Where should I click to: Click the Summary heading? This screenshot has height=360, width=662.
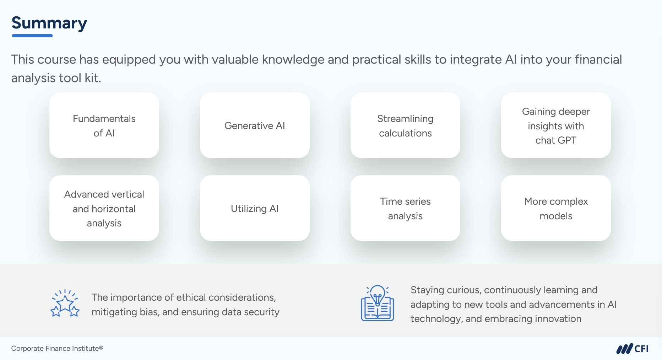(x=49, y=23)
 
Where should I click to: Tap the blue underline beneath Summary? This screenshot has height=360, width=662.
(x=32, y=36)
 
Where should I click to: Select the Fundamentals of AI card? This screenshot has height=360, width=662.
(x=104, y=125)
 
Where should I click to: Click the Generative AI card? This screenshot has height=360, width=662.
(x=255, y=125)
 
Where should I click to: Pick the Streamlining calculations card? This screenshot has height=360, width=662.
(x=405, y=125)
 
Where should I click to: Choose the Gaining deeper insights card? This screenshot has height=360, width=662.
(x=556, y=125)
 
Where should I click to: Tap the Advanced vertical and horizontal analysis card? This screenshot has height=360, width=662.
(x=104, y=208)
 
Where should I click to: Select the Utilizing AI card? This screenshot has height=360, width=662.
(x=255, y=208)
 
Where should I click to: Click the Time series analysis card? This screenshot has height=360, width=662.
(x=405, y=208)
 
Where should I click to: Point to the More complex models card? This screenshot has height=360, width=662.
(x=556, y=208)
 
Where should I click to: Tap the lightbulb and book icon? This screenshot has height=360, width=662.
(x=378, y=303)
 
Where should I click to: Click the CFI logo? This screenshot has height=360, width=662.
(x=633, y=349)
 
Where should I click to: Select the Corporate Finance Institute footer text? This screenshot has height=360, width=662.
(x=57, y=348)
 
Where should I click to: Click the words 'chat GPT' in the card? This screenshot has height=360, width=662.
(x=556, y=140)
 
